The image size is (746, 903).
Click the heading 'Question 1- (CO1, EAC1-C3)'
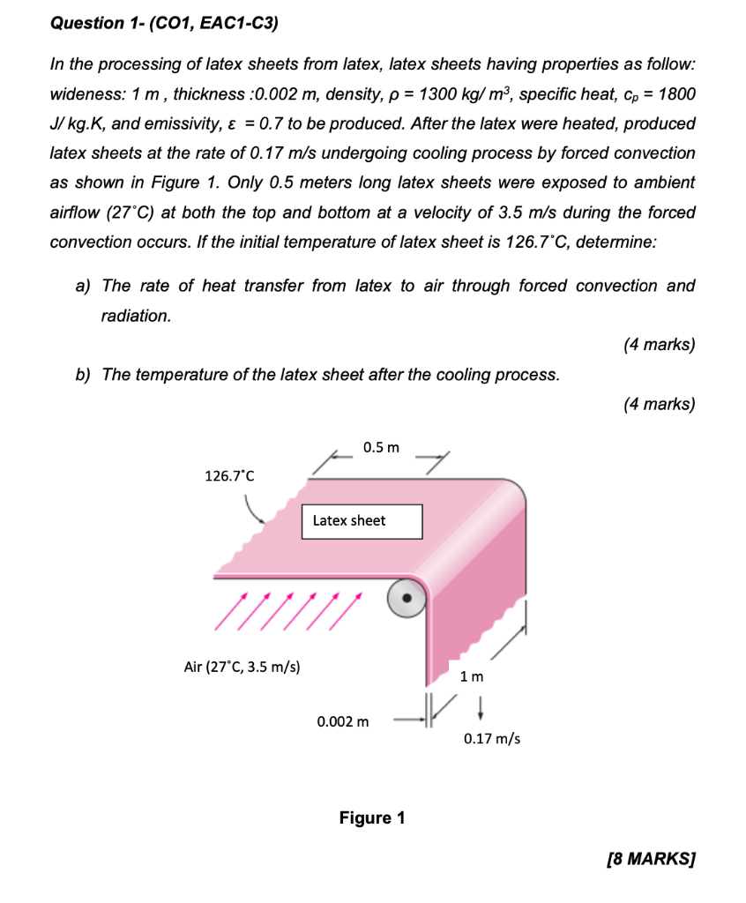[163, 23]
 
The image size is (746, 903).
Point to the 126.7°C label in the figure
[229, 476]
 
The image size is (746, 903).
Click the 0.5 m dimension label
[381, 448]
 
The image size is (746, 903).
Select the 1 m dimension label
[472, 677]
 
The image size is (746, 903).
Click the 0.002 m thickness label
[343, 722]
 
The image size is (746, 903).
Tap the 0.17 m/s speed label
[491, 738]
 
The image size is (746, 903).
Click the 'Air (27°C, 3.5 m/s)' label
[242, 667]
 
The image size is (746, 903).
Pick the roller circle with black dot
[407, 597]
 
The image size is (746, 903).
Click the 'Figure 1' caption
[372, 818]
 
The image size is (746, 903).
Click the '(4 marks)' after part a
[658, 345]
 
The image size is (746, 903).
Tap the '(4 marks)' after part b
[658, 405]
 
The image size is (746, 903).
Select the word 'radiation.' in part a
[136, 316]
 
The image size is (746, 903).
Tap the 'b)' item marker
[85, 375]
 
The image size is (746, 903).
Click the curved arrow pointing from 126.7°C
[253, 510]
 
